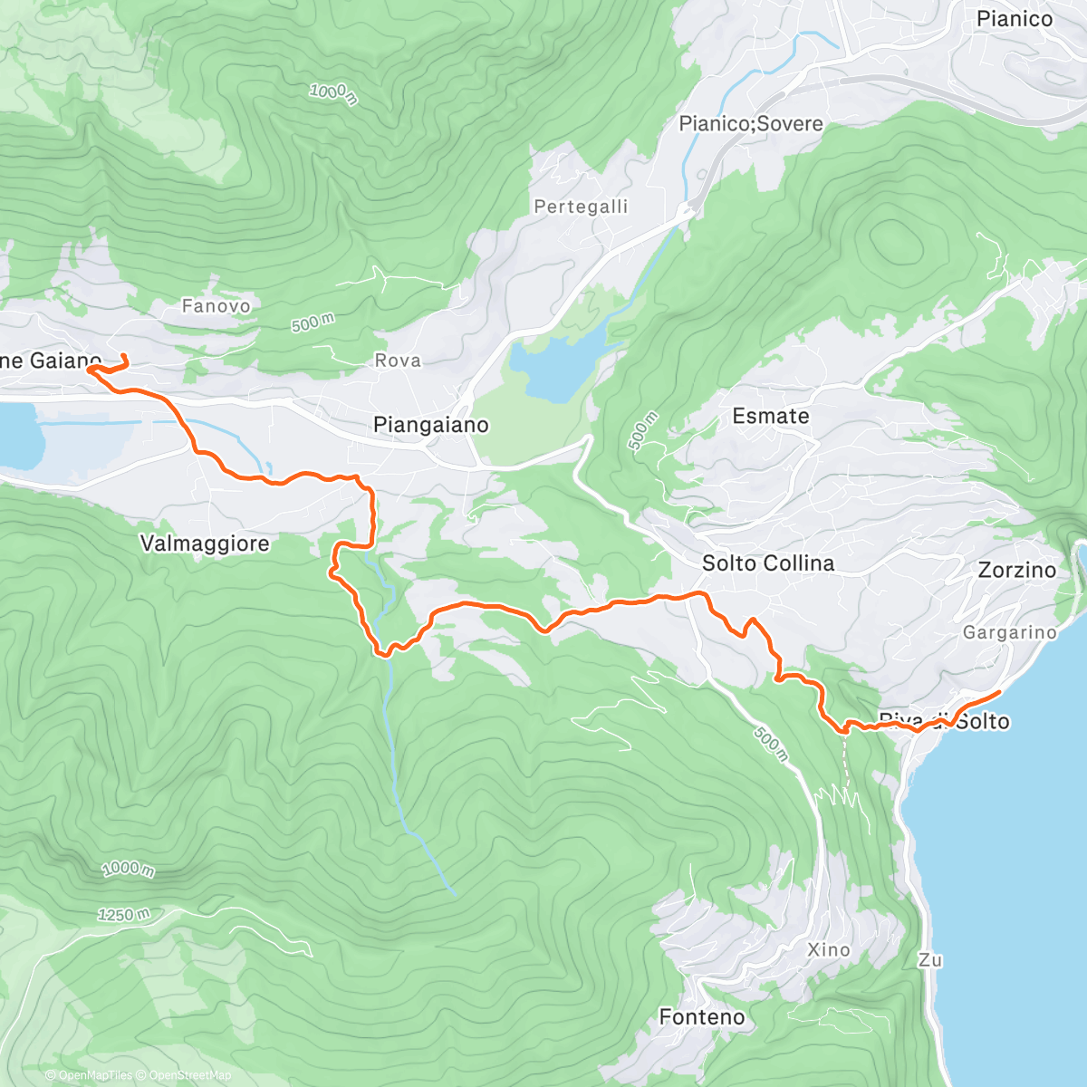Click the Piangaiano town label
(x=430, y=425)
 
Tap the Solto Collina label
(x=767, y=563)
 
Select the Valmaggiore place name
(x=205, y=543)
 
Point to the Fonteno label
(x=702, y=1017)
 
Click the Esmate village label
(x=770, y=416)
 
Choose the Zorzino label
(x=1016, y=570)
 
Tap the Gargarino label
(x=1009, y=632)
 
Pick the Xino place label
(x=829, y=949)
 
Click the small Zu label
(x=930, y=960)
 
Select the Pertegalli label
(x=581, y=207)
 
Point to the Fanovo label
(x=216, y=306)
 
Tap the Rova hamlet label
(x=398, y=361)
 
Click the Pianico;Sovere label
(x=751, y=124)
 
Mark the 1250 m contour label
(x=124, y=915)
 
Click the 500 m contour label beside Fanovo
(x=313, y=322)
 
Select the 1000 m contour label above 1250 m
(x=128, y=870)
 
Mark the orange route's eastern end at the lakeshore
(x=998, y=693)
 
